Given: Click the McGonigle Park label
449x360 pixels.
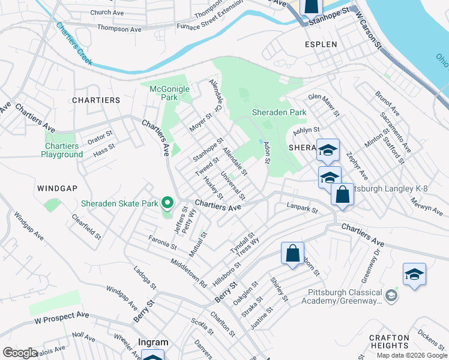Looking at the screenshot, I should [169, 94].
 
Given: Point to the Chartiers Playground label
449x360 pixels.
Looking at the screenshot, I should [62, 150].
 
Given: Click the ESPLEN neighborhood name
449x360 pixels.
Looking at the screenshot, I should [321, 44].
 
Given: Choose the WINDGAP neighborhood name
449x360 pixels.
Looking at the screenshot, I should [57, 188].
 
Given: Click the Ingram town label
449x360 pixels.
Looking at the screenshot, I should [153, 342].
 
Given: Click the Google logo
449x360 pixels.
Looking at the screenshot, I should [20, 353].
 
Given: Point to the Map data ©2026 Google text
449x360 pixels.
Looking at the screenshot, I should [411, 355].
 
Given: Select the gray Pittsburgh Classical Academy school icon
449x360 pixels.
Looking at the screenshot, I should [391, 295].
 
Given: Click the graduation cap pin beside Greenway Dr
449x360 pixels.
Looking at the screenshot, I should [414, 274].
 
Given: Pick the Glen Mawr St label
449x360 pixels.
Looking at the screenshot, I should [324, 103].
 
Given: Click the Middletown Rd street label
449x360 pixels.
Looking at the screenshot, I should [188, 271].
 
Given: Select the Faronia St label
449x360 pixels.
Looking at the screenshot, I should [162, 242].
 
